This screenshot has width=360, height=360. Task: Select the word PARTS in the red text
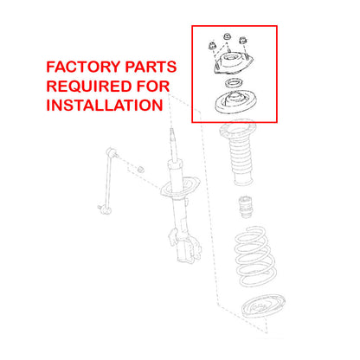click(151, 67)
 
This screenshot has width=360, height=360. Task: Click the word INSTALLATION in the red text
click(105, 106)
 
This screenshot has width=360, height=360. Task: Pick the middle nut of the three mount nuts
click(228, 36)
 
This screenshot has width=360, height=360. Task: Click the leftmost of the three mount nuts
click(211, 46)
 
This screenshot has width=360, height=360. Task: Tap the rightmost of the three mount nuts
click(243, 41)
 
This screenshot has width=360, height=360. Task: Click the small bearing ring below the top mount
click(233, 84)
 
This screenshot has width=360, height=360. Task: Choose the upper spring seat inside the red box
click(235, 102)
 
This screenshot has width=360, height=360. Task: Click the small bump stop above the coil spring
click(247, 207)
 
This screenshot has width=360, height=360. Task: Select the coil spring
click(255, 257)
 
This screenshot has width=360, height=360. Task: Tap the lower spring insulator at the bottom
click(263, 305)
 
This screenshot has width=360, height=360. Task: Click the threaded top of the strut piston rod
click(172, 144)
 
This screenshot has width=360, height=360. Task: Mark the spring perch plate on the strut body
click(180, 187)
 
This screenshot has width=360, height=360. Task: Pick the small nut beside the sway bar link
click(140, 169)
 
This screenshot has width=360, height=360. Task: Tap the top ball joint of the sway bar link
click(112, 152)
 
